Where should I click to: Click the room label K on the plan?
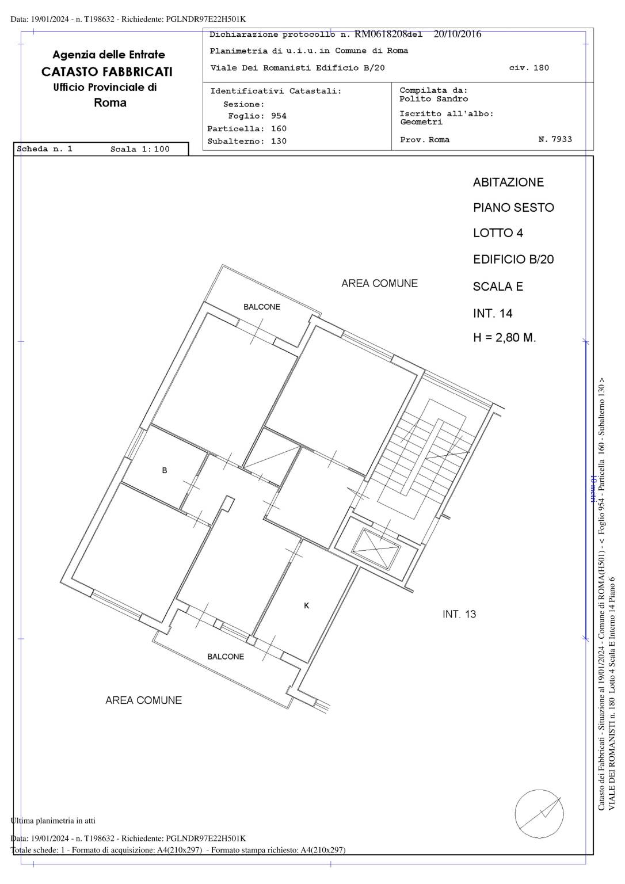pyautogui.click(x=307, y=605)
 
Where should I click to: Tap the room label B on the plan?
pyautogui.click(x=165, y=470)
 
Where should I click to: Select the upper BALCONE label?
pyautogui.click(x=262, y=307)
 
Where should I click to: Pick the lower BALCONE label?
pyautogui.click(x=226, y=656)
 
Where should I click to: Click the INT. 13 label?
pyautogui.click(x=459, y=614)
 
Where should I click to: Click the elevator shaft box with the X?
pyautogui.click(x=376, y=549)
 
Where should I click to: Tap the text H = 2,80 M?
pyautogui.click(x=505, y=338)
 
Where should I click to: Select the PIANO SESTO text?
pyautogui.click(x=514, y=208)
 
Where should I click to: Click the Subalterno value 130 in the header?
pyautogui.click(x=279, y=141)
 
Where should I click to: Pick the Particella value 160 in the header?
pyautogui.click(x=279, y=129)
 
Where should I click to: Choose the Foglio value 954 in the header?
pyautogui.click(x=279, y=116)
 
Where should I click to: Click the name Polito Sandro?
pyautogui.click(x=433, y=99)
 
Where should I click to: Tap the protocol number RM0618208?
pyautogui.click(x=381, y=34)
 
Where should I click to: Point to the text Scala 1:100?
pyautogui.click(x=140, y=149)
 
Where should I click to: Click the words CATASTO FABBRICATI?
pyautogui.click(x=107, y=72)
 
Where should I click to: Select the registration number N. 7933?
pyautogui.click(x=555, y=139)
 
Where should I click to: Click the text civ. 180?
pyautogui.click(x=529, y=68)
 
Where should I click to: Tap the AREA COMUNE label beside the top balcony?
pyautogui.click(x=380, y=283)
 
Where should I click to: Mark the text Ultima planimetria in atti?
pyautogui.click(x=53, y=821)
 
